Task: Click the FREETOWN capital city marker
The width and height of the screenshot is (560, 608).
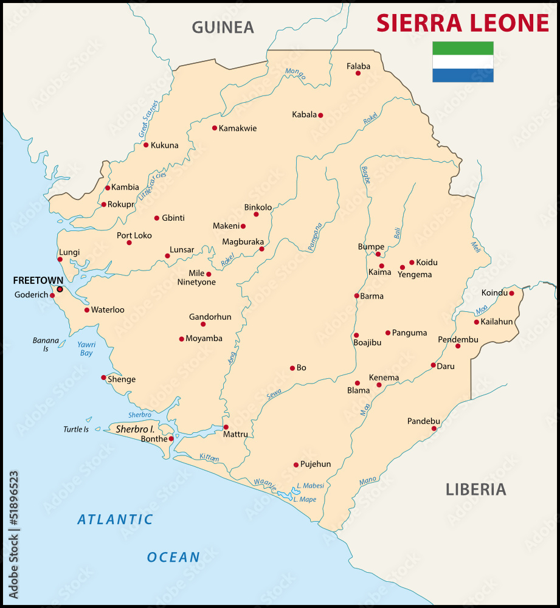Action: click(60, 289)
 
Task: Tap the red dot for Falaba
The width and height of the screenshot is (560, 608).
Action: click(358, 73)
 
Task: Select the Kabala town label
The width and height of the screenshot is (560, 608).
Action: click(304, 114)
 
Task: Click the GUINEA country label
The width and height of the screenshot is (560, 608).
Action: click(223, 27)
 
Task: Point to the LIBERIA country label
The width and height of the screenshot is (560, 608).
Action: click(475, 489)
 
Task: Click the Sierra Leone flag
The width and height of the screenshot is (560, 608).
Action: click(463, 62)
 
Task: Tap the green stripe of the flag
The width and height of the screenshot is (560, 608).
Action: click(463, 48)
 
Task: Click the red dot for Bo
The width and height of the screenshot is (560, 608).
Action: click(292, 368)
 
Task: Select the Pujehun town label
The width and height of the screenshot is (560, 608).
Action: click(316, 464)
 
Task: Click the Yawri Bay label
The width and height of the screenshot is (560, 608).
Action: click(86, 348)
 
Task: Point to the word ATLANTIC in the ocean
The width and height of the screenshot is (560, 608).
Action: click(115, 519)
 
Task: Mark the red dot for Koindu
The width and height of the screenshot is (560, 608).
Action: click(511, 293)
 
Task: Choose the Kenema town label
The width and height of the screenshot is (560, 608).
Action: click(384, 378)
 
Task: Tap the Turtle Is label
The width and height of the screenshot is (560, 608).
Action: click(76, 429)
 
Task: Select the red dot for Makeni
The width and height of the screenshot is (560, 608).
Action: click(243, 226)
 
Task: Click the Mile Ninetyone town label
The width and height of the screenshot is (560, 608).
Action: click(196, 278)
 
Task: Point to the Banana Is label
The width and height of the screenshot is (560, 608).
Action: click(46, 345)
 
